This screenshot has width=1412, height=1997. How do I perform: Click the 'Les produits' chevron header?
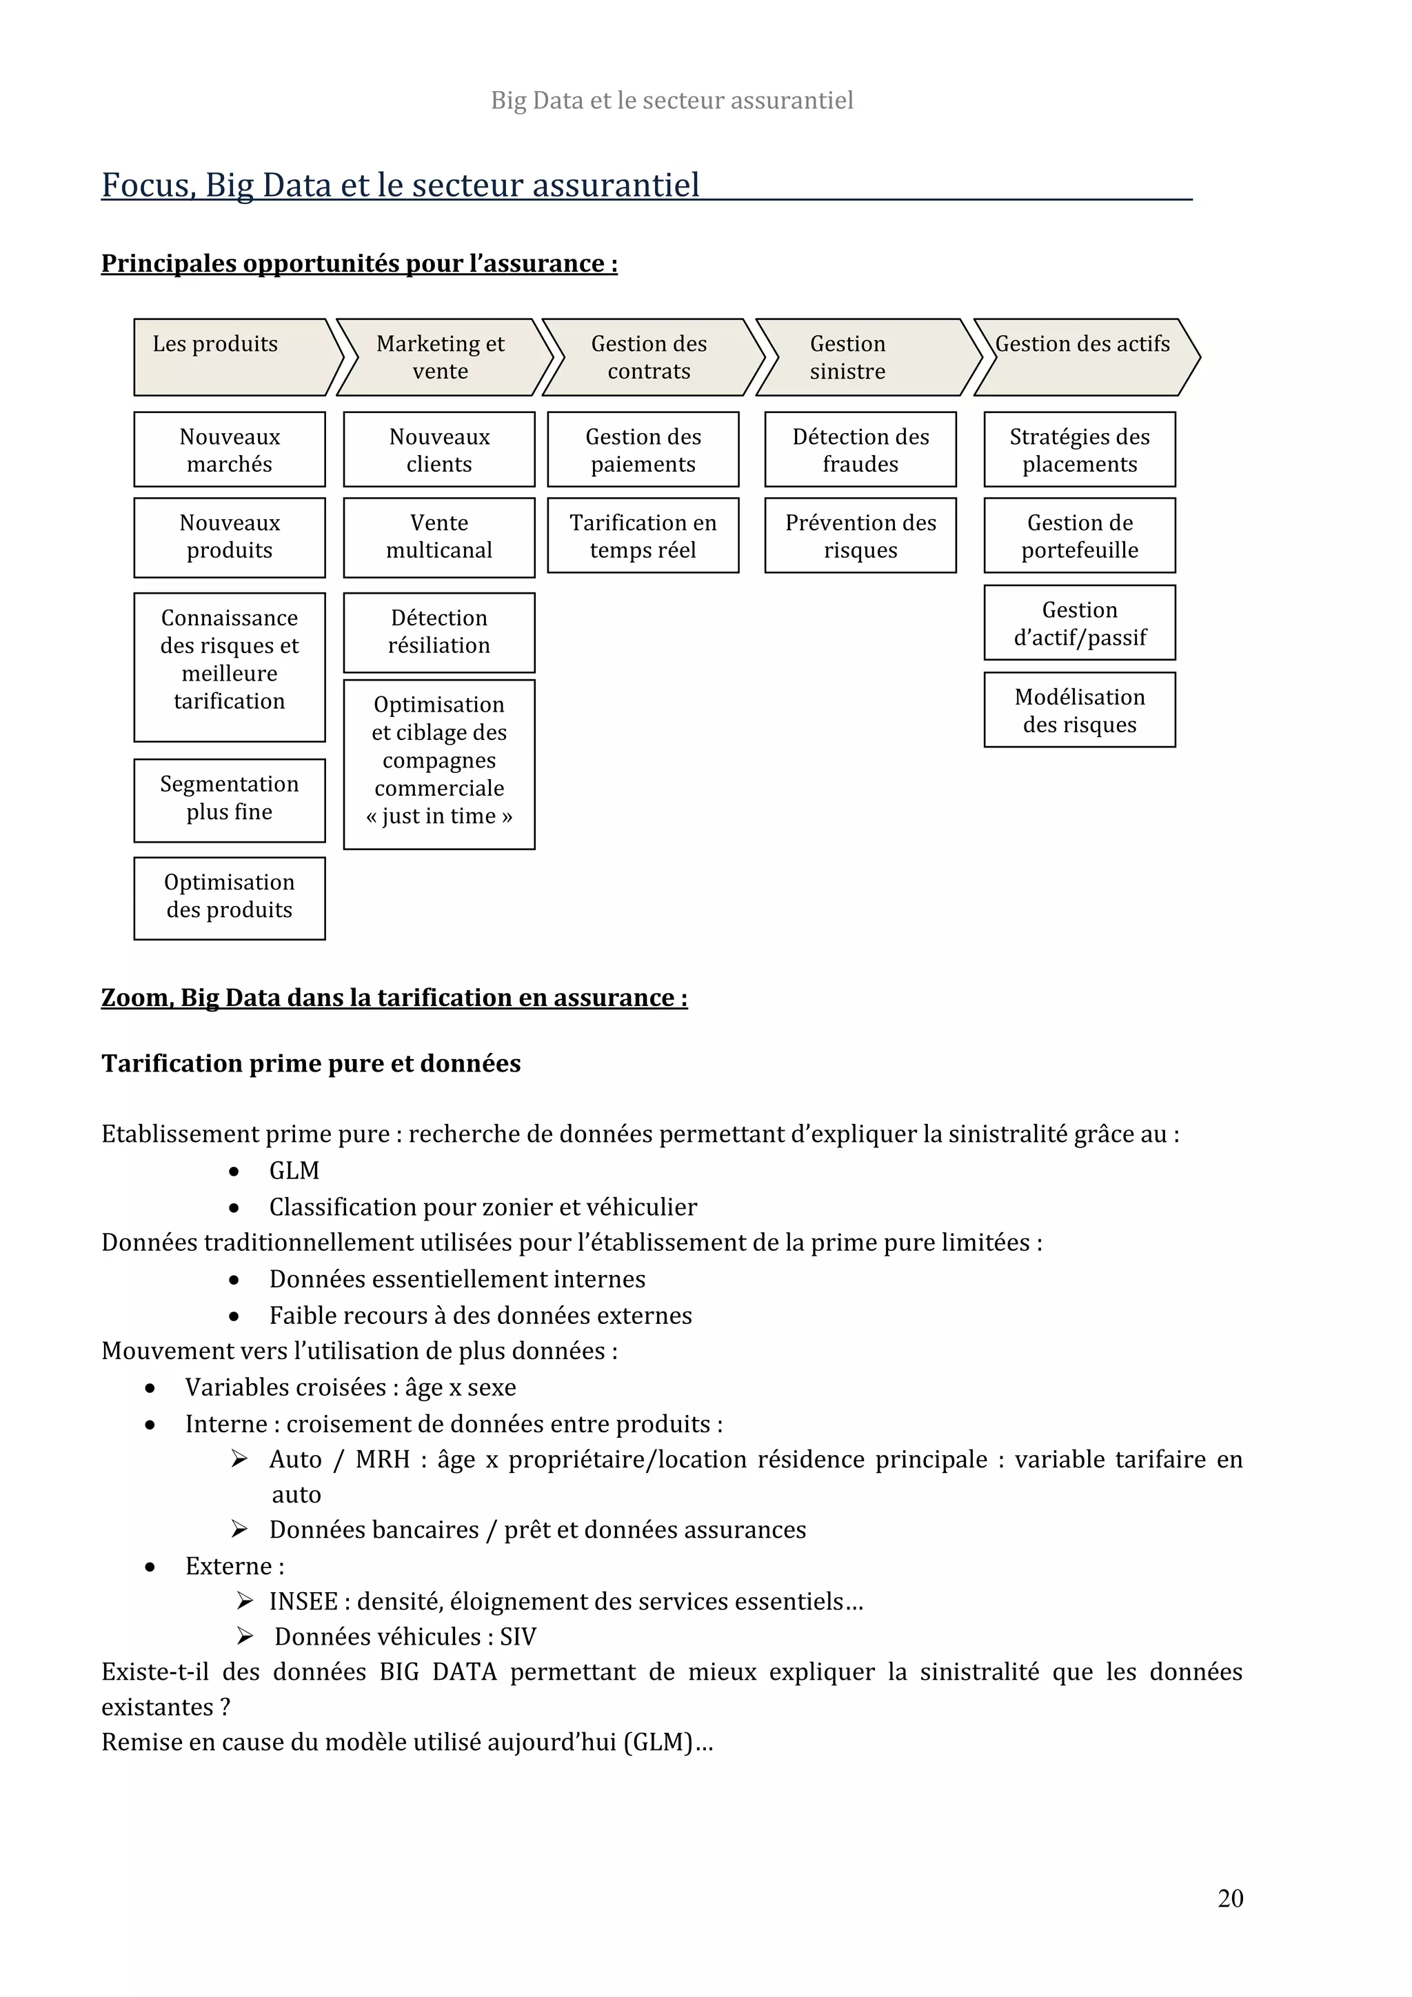coord(231,357)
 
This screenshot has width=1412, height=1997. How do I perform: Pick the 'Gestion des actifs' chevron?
coord(1082,357)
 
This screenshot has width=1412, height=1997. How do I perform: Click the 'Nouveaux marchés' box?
coord(230,450)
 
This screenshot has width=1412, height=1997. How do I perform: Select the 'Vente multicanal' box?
coord(439,536)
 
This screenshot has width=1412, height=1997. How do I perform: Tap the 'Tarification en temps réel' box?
coord(643,536)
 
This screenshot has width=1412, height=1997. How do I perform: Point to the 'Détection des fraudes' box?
coord(860,450)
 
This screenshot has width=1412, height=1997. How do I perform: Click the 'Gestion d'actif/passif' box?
coord(1079,623)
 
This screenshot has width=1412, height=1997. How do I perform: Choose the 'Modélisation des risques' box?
coord(1079,710)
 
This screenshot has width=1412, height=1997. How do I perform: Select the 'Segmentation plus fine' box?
coord(230,798)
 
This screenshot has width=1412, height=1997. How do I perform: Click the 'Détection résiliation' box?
coord(439,632)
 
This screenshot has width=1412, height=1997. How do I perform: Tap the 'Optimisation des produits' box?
coord(230,896)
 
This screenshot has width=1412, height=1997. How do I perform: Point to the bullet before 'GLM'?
coord(234,1172)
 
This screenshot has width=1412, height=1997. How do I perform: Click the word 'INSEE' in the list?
coord(303,1600)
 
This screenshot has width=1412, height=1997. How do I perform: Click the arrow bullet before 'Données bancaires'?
coord(240,1528)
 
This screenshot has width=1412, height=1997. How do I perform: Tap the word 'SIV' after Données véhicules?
coord(518,1636)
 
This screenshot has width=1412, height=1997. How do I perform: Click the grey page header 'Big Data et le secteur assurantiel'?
coord(672,101)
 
